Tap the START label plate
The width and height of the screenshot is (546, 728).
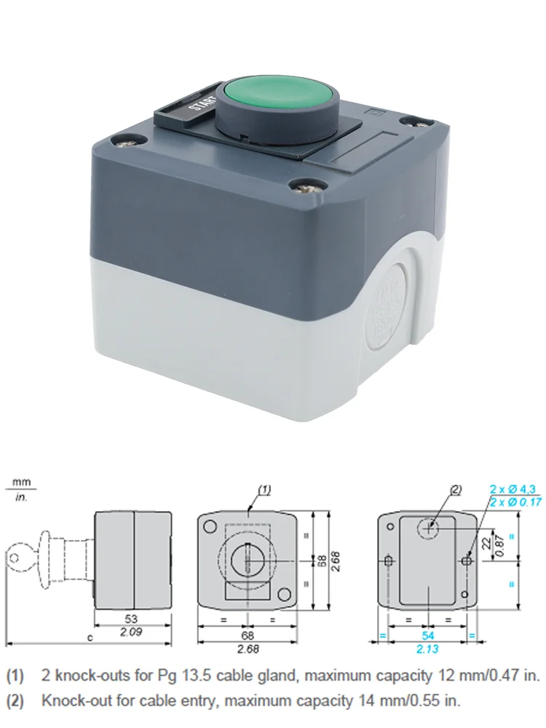pos(191,107)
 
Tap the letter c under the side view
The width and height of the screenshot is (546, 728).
pos(90,638)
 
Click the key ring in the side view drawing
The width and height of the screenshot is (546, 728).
pos(16,558)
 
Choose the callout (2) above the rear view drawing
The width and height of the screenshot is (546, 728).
pos(456,490)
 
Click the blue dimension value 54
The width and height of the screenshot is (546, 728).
pos(428,635)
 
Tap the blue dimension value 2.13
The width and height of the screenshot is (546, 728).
pos(428,648)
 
